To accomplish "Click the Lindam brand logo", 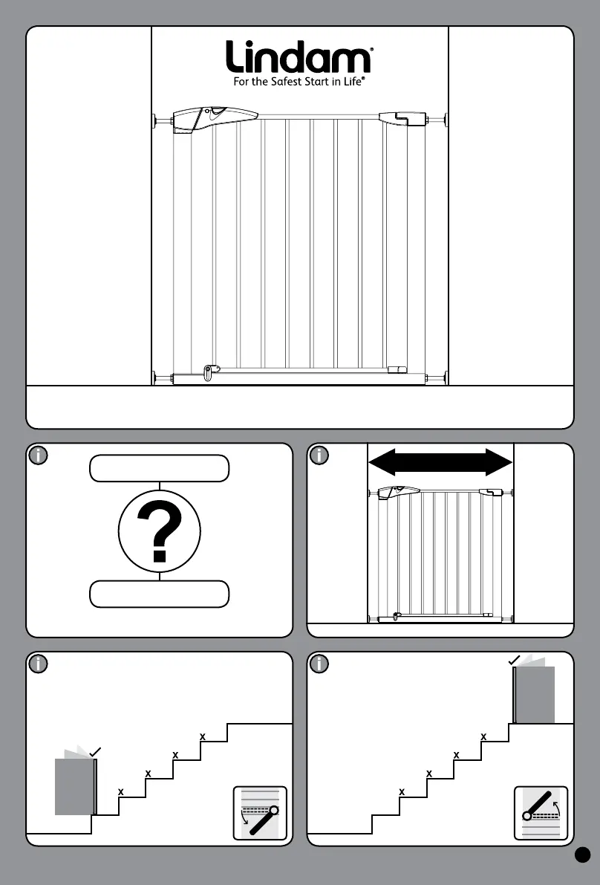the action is [299, 57].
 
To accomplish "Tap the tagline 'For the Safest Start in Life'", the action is [299, 82].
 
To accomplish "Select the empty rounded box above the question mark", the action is [160, 469].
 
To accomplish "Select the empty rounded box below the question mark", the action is [160, 594].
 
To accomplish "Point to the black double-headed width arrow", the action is [440, 461].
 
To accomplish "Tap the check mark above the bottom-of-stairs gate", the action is [94, 753].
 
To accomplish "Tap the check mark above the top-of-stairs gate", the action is [514, 660].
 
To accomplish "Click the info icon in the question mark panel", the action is [38, 456].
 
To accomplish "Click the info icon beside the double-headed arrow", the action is [319, 456].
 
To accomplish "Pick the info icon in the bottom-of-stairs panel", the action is [38, 664].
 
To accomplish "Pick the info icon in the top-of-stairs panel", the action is [319, 664].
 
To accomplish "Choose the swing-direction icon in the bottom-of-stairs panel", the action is [260, 812].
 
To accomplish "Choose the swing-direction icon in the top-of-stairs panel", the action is [541, 812].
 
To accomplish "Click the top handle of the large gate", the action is [214, 117].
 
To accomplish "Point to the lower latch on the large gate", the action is [212, 369].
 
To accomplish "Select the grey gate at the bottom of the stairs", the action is [75, 786].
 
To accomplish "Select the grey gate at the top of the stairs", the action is [534, 695].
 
